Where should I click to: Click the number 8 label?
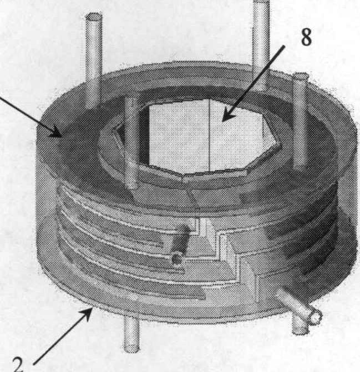point(306,37)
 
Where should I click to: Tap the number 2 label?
point(18,364)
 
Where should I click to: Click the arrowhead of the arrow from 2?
point(87,312)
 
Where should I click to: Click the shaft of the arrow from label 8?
point(253,83)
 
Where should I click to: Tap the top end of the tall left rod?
point(94,17)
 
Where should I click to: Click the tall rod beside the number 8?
point(261,43)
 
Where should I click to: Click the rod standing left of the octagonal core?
point(131,142)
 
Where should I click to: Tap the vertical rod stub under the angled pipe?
point(300,326)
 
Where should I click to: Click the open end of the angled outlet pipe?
point(315,317)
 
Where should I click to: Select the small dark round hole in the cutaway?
point(177,259)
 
